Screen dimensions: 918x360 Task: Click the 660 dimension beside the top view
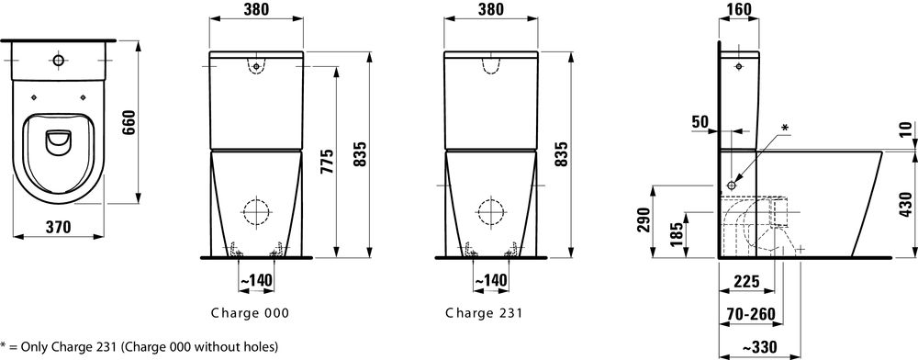[x=129, y=122]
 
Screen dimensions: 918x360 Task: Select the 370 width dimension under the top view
[x=57, y=227]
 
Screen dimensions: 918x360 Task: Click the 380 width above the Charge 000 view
[x=256, y=9]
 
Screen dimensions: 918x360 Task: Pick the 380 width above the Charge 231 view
[x=490, y=9]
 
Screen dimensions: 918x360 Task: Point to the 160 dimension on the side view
[x=738, y=9]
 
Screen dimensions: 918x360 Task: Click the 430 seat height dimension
[x=906, y=205]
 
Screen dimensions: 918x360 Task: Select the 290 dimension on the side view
[x=644, y=219]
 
